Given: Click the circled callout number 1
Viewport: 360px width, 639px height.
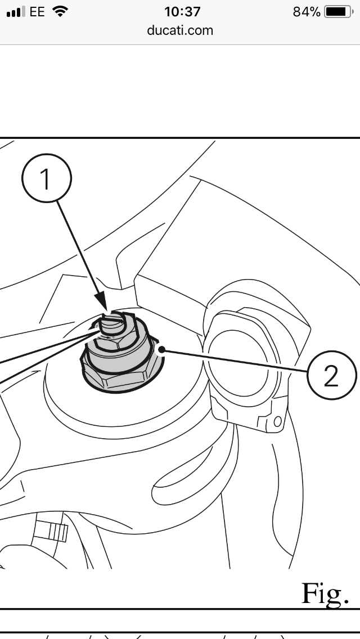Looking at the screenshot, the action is pyautogui.click(x=47, y=178).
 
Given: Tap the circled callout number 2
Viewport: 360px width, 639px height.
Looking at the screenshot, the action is pyautogui.click(x=331, y=375).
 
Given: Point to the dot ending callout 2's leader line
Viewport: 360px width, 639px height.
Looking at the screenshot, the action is pyautogui.click(x=162, y=349).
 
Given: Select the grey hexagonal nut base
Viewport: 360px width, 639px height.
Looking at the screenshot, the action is pyautogui.click(x=123, y=370).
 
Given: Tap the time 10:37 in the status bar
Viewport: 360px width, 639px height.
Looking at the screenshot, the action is pyautogui.click(x=182, y=12).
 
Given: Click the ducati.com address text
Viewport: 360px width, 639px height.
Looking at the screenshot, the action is pyautogui.click(x=180, y=30).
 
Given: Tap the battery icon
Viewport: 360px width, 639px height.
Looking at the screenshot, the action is pyautogui.click(x=339, y=12).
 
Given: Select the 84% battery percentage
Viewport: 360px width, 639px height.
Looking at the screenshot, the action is pyautogui.click(x=307, y=12).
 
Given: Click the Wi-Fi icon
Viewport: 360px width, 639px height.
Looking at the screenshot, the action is pyautogui.click(x=60, y=11).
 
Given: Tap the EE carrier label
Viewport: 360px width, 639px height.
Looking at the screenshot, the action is pyautogui.click(x=37, y=12).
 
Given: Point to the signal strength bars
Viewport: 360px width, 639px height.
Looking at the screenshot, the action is pyautogui.click(x=16, y=12).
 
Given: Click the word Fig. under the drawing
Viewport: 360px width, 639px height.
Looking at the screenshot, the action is pyautogui.click(x=325, y=593).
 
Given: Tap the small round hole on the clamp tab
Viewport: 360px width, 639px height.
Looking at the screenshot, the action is pyautogui.click(x=278, y=421).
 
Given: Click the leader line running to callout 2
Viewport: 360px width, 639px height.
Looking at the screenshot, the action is pyautogui.click(x=235, y=360).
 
